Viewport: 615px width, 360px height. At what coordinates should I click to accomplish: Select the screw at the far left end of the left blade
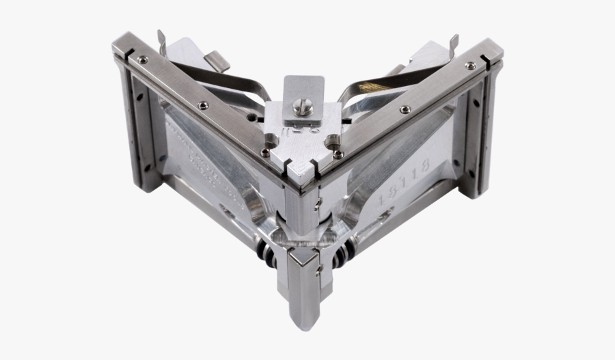pyautogui.click(x=141, y=60)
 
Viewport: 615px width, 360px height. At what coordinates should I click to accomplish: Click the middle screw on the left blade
pyautogui.click(x=204, y=105)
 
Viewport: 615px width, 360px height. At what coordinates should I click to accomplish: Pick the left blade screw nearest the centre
pyautogui.click(x=264, y=152)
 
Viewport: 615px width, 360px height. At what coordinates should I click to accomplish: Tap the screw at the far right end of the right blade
pyautogui.click(x=470, y=65)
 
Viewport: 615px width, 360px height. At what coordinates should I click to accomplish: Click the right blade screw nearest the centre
pyautogui.click(x=339, y=154)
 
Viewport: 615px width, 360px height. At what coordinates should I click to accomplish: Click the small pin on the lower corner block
pyautogui.click(x=318, y=272)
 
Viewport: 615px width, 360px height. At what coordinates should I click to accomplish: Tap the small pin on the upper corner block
pyautogui.click(x=317, y=203)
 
